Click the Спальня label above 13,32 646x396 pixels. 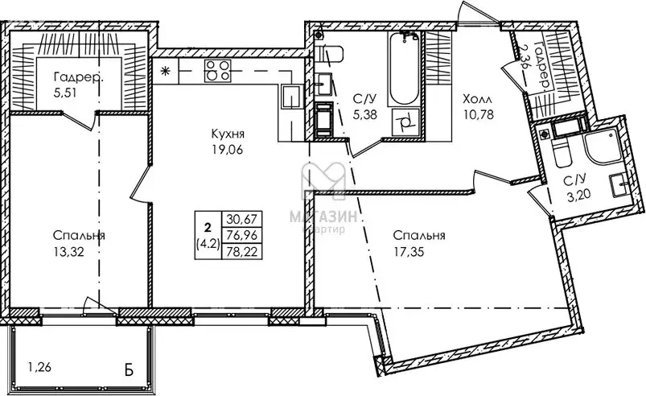pyautogui.click(x=80, y=235)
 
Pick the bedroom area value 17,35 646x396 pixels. pyautogui.click(x=418, y=250)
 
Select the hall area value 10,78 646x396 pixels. pyautogui.click(x=476, y=113)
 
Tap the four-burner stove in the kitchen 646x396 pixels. pyautogui.click(x=216, y=71)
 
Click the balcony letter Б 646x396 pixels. pyautogui.click(x=129, y=373)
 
